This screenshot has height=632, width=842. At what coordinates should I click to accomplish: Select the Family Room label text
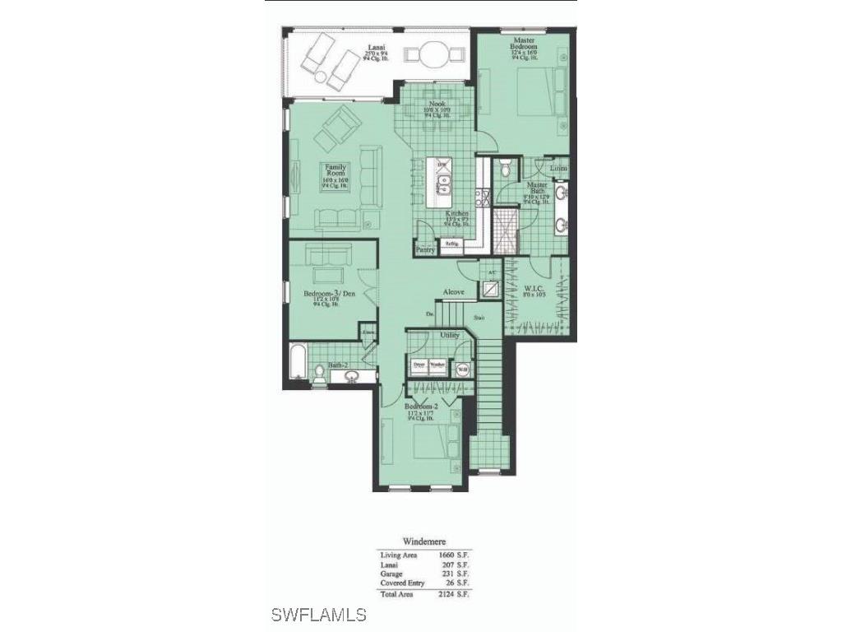(x=335, y=171)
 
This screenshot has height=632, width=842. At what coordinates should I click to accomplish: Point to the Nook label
(x=437, y=104)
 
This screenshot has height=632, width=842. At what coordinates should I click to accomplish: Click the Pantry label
(x=425, y=249)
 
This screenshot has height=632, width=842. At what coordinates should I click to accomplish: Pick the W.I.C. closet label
(x=535, y=289)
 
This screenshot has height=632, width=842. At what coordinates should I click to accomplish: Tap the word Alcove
(x=454, y=292)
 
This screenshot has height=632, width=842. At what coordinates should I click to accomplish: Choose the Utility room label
(x=449, y=336)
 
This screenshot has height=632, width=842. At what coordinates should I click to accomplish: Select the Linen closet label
(x=558, y=168)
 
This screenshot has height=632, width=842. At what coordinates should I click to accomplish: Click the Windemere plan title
(x=424, y=541)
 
